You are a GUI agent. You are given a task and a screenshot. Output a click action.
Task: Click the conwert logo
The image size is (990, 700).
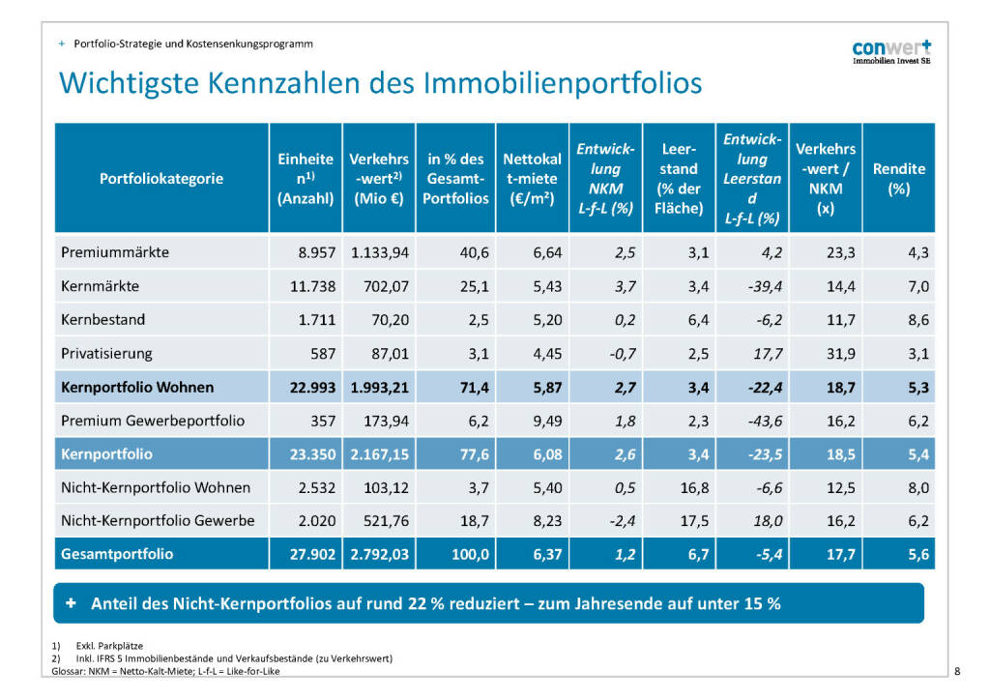(891, 50)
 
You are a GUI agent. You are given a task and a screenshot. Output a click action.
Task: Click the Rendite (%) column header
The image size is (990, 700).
(898, 179)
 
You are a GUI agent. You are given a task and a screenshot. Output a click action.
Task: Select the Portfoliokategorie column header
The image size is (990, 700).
(161, 179)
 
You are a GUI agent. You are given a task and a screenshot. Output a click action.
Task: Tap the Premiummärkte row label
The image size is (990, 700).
(115, 252)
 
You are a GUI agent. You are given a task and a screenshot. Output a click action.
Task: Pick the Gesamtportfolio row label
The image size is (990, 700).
(117, 554)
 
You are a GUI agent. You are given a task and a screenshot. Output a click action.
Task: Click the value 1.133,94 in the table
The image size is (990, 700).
(378, 252)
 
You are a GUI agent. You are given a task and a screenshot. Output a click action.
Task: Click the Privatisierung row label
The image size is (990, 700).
(106, 354)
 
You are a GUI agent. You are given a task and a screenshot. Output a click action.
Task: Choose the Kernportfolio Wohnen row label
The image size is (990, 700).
(137, 388)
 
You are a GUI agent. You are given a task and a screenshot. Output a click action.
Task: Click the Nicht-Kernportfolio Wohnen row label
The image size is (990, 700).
(156, 487)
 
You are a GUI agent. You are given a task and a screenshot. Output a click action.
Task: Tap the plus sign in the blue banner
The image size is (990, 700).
(72, 603)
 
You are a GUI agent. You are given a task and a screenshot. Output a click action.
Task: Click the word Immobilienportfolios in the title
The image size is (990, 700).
(563, 83)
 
